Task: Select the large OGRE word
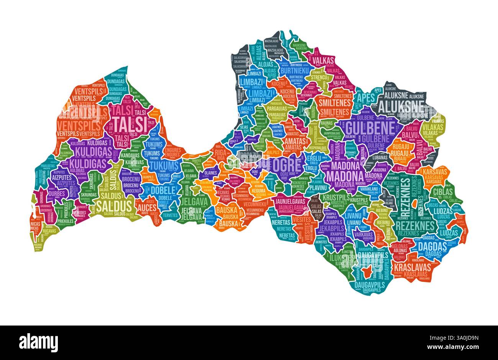[286, 165]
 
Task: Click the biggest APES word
[362, 97]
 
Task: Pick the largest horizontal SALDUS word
[114, 205]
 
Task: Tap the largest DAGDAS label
[432, 246]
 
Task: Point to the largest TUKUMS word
[164, 165]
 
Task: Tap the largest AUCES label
[147, 208]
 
